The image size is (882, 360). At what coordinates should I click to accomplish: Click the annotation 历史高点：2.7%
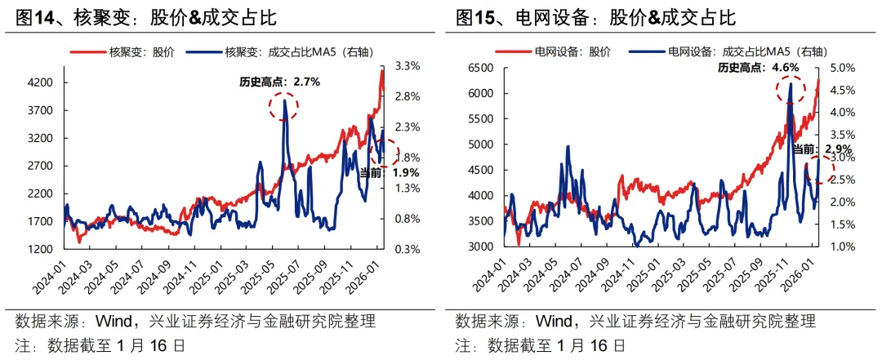(279, 82)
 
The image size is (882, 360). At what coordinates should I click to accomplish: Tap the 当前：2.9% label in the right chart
(822, 149)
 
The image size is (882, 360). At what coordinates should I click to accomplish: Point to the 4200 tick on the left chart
(40, 82)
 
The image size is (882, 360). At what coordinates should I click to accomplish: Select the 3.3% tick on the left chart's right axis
(406, 66)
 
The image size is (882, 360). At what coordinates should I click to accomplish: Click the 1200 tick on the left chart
(40, 248)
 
